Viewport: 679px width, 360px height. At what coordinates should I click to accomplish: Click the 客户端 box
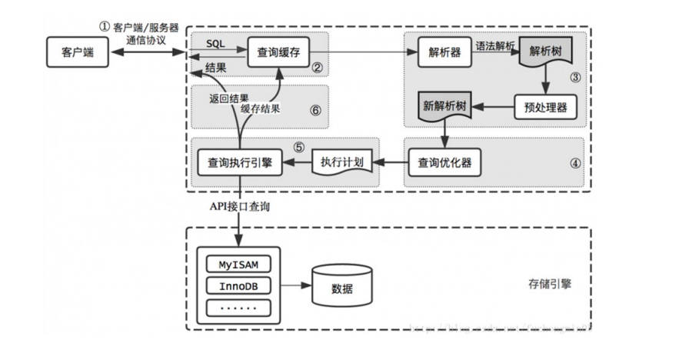click(77, 53)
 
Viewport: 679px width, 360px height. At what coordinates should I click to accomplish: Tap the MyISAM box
click(239, 265)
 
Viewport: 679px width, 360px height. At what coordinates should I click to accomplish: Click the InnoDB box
click(239, 286)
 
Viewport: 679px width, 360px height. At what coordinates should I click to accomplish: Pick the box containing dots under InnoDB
click(239, 308)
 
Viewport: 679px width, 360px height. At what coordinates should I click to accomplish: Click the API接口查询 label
click(241, 208)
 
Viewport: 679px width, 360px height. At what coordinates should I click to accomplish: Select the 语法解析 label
click(495, 45)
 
